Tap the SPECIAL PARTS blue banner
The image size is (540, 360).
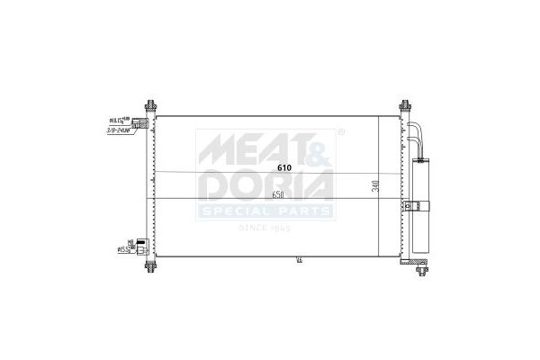266,211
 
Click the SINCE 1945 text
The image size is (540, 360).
267,229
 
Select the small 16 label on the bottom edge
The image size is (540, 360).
298,261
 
